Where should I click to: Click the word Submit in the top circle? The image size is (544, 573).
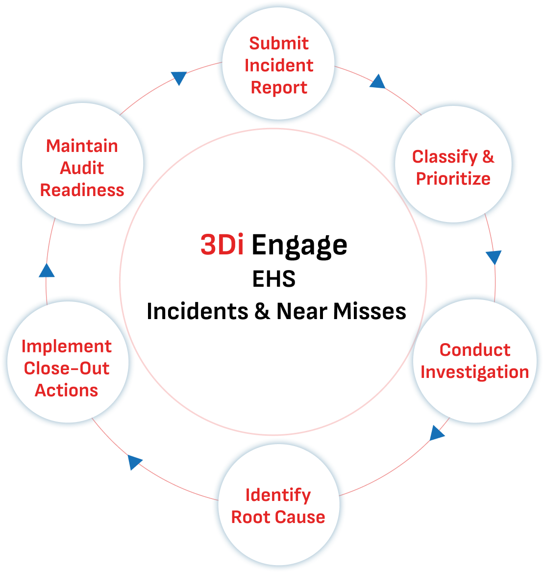[x=279, y=43]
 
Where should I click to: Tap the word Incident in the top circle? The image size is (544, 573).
[x=279, y=65]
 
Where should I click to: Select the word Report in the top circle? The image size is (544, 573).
[x=279, y=88]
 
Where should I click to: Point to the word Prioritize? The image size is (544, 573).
[x=453, y=178]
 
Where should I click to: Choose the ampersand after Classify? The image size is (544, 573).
[x=488, y=157]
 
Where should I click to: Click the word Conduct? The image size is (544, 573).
[x=475, y=350]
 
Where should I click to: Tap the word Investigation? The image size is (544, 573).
[x=475, y=372]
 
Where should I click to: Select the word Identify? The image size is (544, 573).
[x=278, y=495]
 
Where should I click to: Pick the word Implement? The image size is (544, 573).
[x=67, y=347]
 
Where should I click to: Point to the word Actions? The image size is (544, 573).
[x=67, y=391]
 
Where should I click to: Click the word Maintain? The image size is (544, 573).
[x=82, y=146]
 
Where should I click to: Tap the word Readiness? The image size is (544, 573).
[x=82, y=190]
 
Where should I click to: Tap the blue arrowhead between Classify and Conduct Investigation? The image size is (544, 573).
[x=494, y=257]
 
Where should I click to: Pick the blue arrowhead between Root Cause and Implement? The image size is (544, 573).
[x=134, y=462]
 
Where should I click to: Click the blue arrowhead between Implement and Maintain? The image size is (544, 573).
[x=47, y=270]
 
